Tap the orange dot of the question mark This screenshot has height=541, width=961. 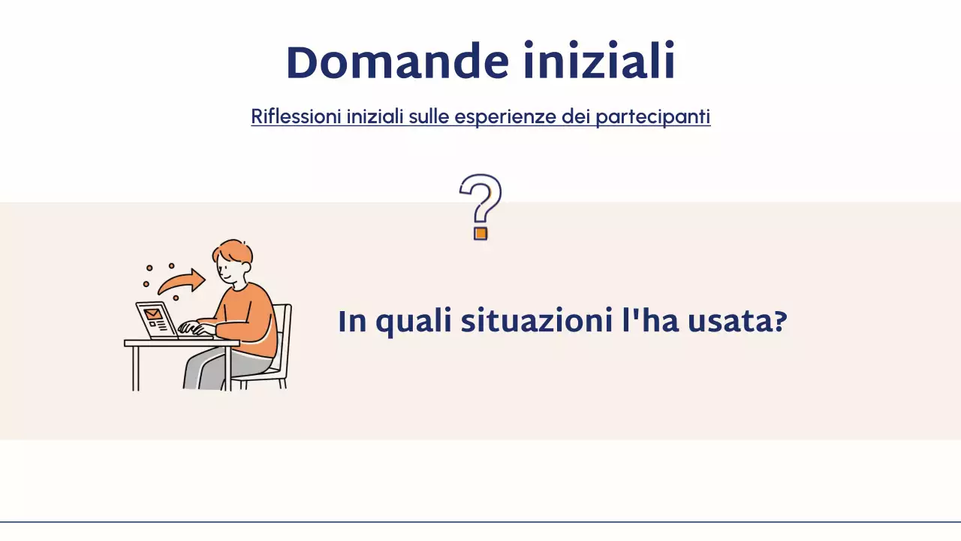480,233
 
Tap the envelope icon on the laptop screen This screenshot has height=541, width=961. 153,313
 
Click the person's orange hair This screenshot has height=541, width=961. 234,252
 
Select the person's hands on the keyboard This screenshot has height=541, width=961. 189,328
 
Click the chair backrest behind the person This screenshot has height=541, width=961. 283,331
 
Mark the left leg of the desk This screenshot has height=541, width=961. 135,368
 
